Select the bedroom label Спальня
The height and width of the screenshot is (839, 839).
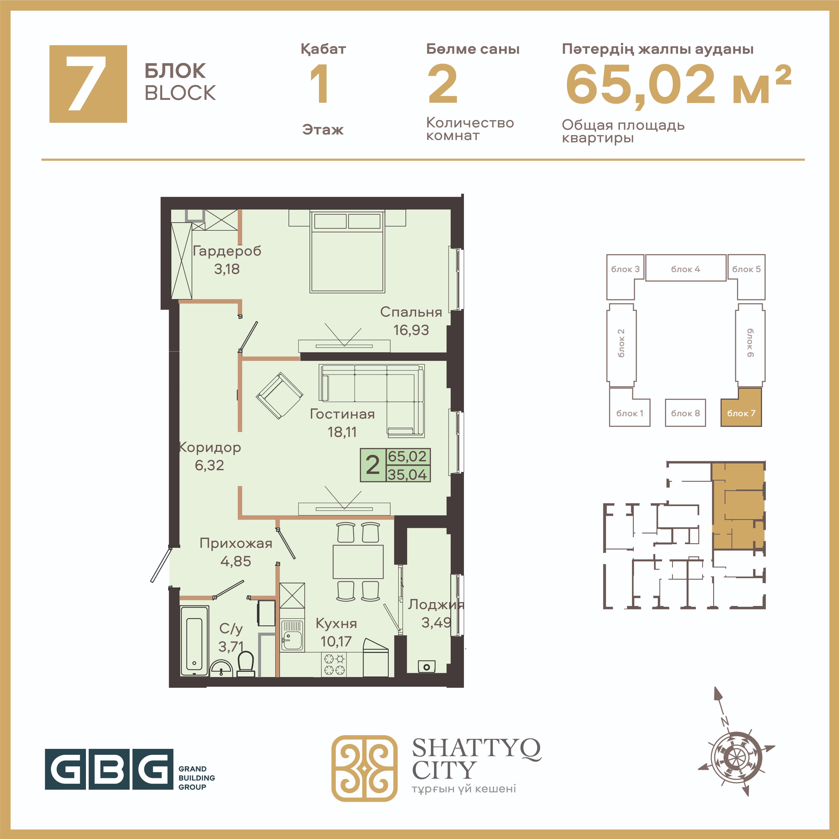coord(411,312)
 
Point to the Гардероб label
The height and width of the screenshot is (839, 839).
coord(227,251)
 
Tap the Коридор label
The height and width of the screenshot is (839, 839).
coord(210,448)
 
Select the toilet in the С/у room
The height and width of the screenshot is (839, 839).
coord(246,664)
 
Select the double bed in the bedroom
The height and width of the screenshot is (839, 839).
coord(347,251)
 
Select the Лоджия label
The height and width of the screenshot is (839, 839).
coord(436,604)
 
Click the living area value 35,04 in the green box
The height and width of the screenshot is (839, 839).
coord(407,474)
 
